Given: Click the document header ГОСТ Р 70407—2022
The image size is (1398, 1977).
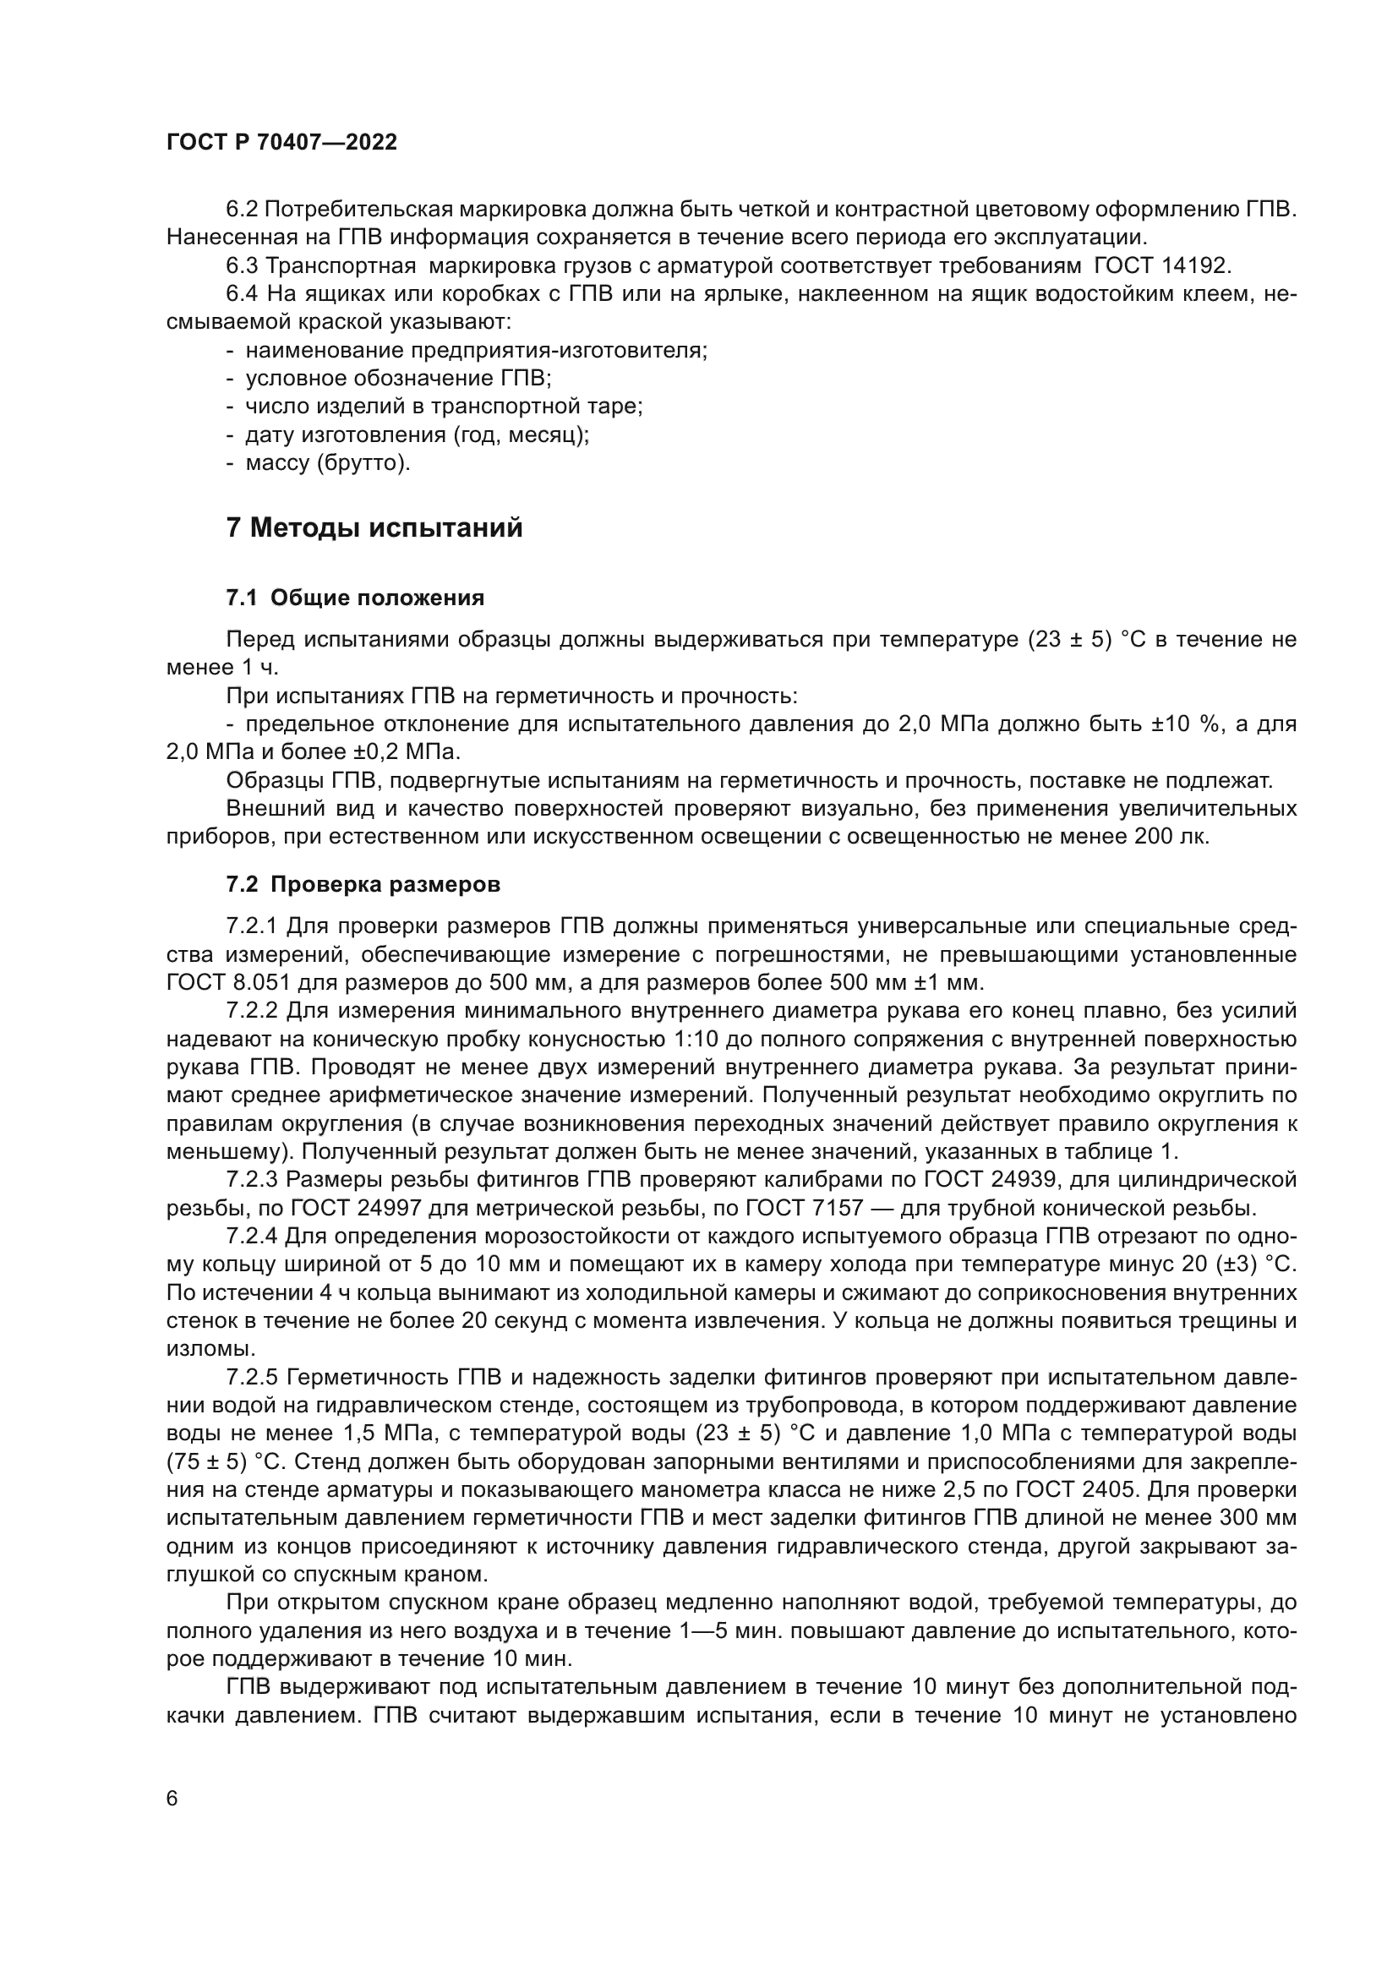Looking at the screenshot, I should click(x=281, y=143).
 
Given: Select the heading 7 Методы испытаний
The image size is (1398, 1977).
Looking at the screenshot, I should click(x=374, y=527).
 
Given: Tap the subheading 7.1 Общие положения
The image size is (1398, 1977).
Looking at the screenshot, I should click(x=355, y=598).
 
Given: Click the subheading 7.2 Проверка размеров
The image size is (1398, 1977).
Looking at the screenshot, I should click(x=363, y=884).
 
